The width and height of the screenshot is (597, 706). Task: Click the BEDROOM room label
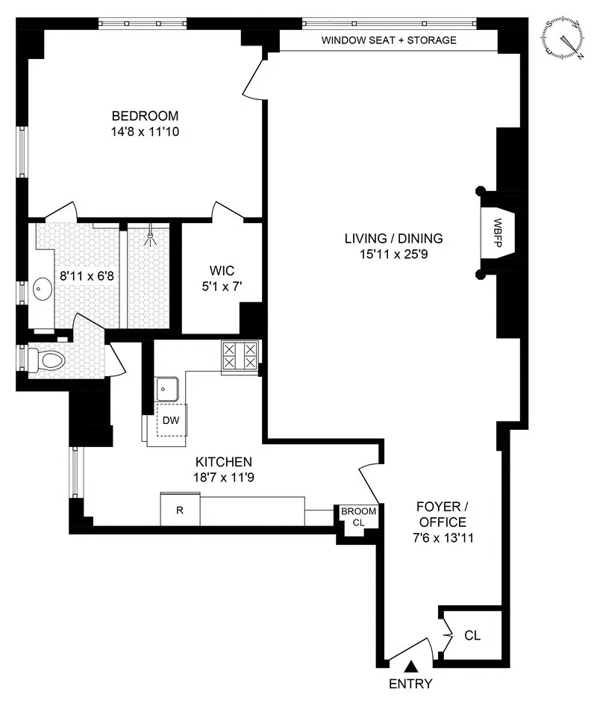[x=145, y=116]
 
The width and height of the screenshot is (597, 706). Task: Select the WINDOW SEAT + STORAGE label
[x=388, y=40]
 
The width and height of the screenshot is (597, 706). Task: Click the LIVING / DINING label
[x=393, y=239]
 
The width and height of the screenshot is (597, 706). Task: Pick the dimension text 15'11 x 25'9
[x=393, y=254]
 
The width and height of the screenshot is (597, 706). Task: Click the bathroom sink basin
[x=41, y=287]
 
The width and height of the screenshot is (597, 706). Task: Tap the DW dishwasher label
[x=171, y=421]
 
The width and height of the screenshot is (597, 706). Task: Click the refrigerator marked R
[x=180, y=510]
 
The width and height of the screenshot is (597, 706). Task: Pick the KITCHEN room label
[x=223, y=462]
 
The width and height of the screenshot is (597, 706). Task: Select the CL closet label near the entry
[x=472, y=636]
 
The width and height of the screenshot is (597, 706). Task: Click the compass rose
[x=563, y=39]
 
